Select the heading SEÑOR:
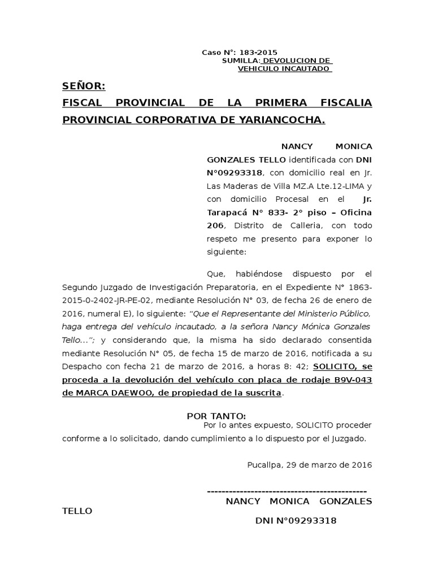point(84,86)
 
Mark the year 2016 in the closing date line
point(362,465)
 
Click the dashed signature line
point(287,490)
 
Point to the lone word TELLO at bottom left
point(76,510)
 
